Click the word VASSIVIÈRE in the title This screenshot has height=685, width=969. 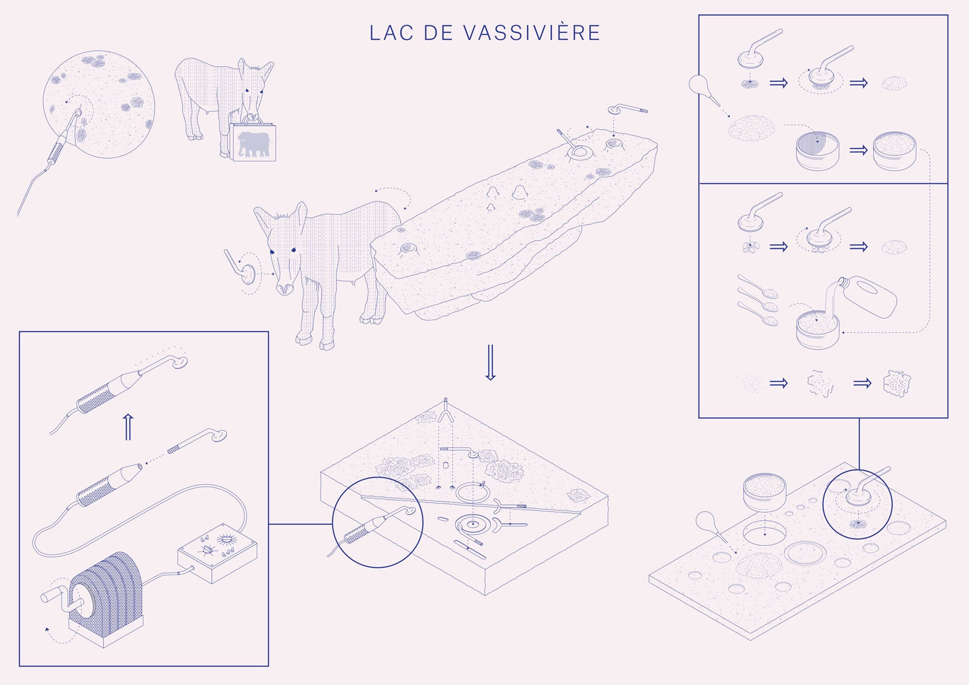coord(531,33)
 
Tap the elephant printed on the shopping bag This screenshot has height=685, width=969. coord(253,143)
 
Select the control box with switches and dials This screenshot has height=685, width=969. coord(217,552)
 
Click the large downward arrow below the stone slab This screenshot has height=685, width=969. coord(490,362)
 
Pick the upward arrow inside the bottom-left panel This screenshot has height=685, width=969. coord(128,427)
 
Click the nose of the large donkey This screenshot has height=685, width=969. coord(285,288)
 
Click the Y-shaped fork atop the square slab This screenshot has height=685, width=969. coord(446,411)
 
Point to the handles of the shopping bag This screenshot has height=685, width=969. coord(253,119)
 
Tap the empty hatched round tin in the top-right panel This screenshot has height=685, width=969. coord(817,151)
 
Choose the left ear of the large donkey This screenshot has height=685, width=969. coord(263,220)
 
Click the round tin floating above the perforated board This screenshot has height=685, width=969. coord(765,493)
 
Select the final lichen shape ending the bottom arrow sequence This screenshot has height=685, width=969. coord(897,384)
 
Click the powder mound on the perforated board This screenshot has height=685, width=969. coord(759,565)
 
